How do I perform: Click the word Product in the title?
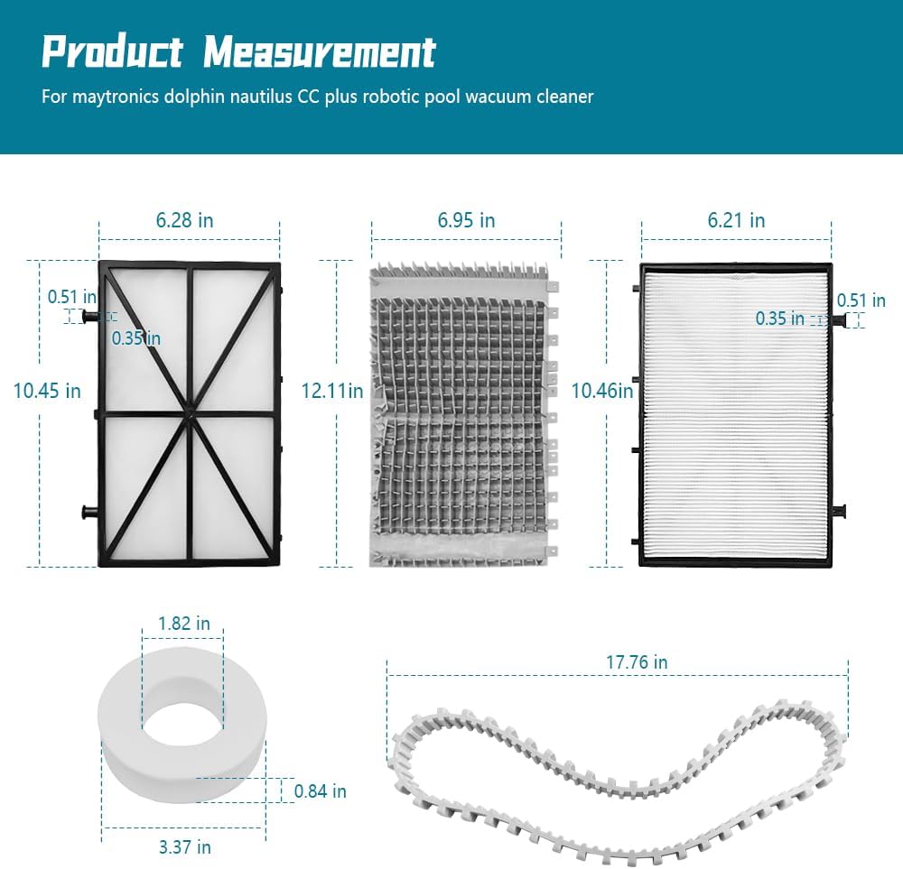(x=112, y=53)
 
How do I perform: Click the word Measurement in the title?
(x=319, y=53)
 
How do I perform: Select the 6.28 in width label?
(x=184, y=220)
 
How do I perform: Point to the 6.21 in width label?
(x=736, y=220)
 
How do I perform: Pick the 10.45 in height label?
(x=47, y=391)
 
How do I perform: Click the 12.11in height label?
(x=332, y=391)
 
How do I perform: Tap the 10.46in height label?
(x=603, y=391)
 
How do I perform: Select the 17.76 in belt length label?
(x=637, y=662)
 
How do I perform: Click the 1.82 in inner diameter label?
(x=183, y=624)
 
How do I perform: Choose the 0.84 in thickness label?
(x=320, y=791)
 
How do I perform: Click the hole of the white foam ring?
(x=183, y=719)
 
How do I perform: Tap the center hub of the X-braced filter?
(x=191, y=414)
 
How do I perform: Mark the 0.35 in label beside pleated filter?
(x=780, y=319)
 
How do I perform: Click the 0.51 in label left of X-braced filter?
(x=72, y=296)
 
